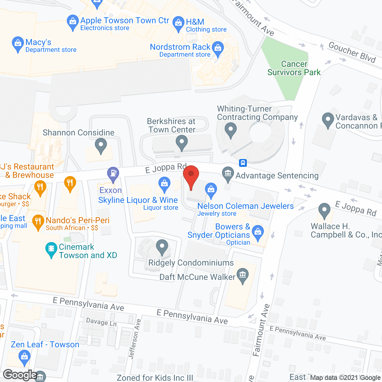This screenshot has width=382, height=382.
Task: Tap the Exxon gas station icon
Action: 113,173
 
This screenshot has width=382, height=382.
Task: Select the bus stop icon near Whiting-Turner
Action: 243,163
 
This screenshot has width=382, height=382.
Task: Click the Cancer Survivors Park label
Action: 294,68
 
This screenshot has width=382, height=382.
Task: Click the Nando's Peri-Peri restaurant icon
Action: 38,222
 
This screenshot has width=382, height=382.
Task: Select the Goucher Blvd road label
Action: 352,52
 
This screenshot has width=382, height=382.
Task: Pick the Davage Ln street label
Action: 101,322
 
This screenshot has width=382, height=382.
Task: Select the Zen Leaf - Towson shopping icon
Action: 24,357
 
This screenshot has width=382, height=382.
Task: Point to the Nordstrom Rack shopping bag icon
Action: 218,48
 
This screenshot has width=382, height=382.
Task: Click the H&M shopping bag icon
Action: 178,23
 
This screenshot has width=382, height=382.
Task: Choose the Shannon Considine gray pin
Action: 101,146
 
